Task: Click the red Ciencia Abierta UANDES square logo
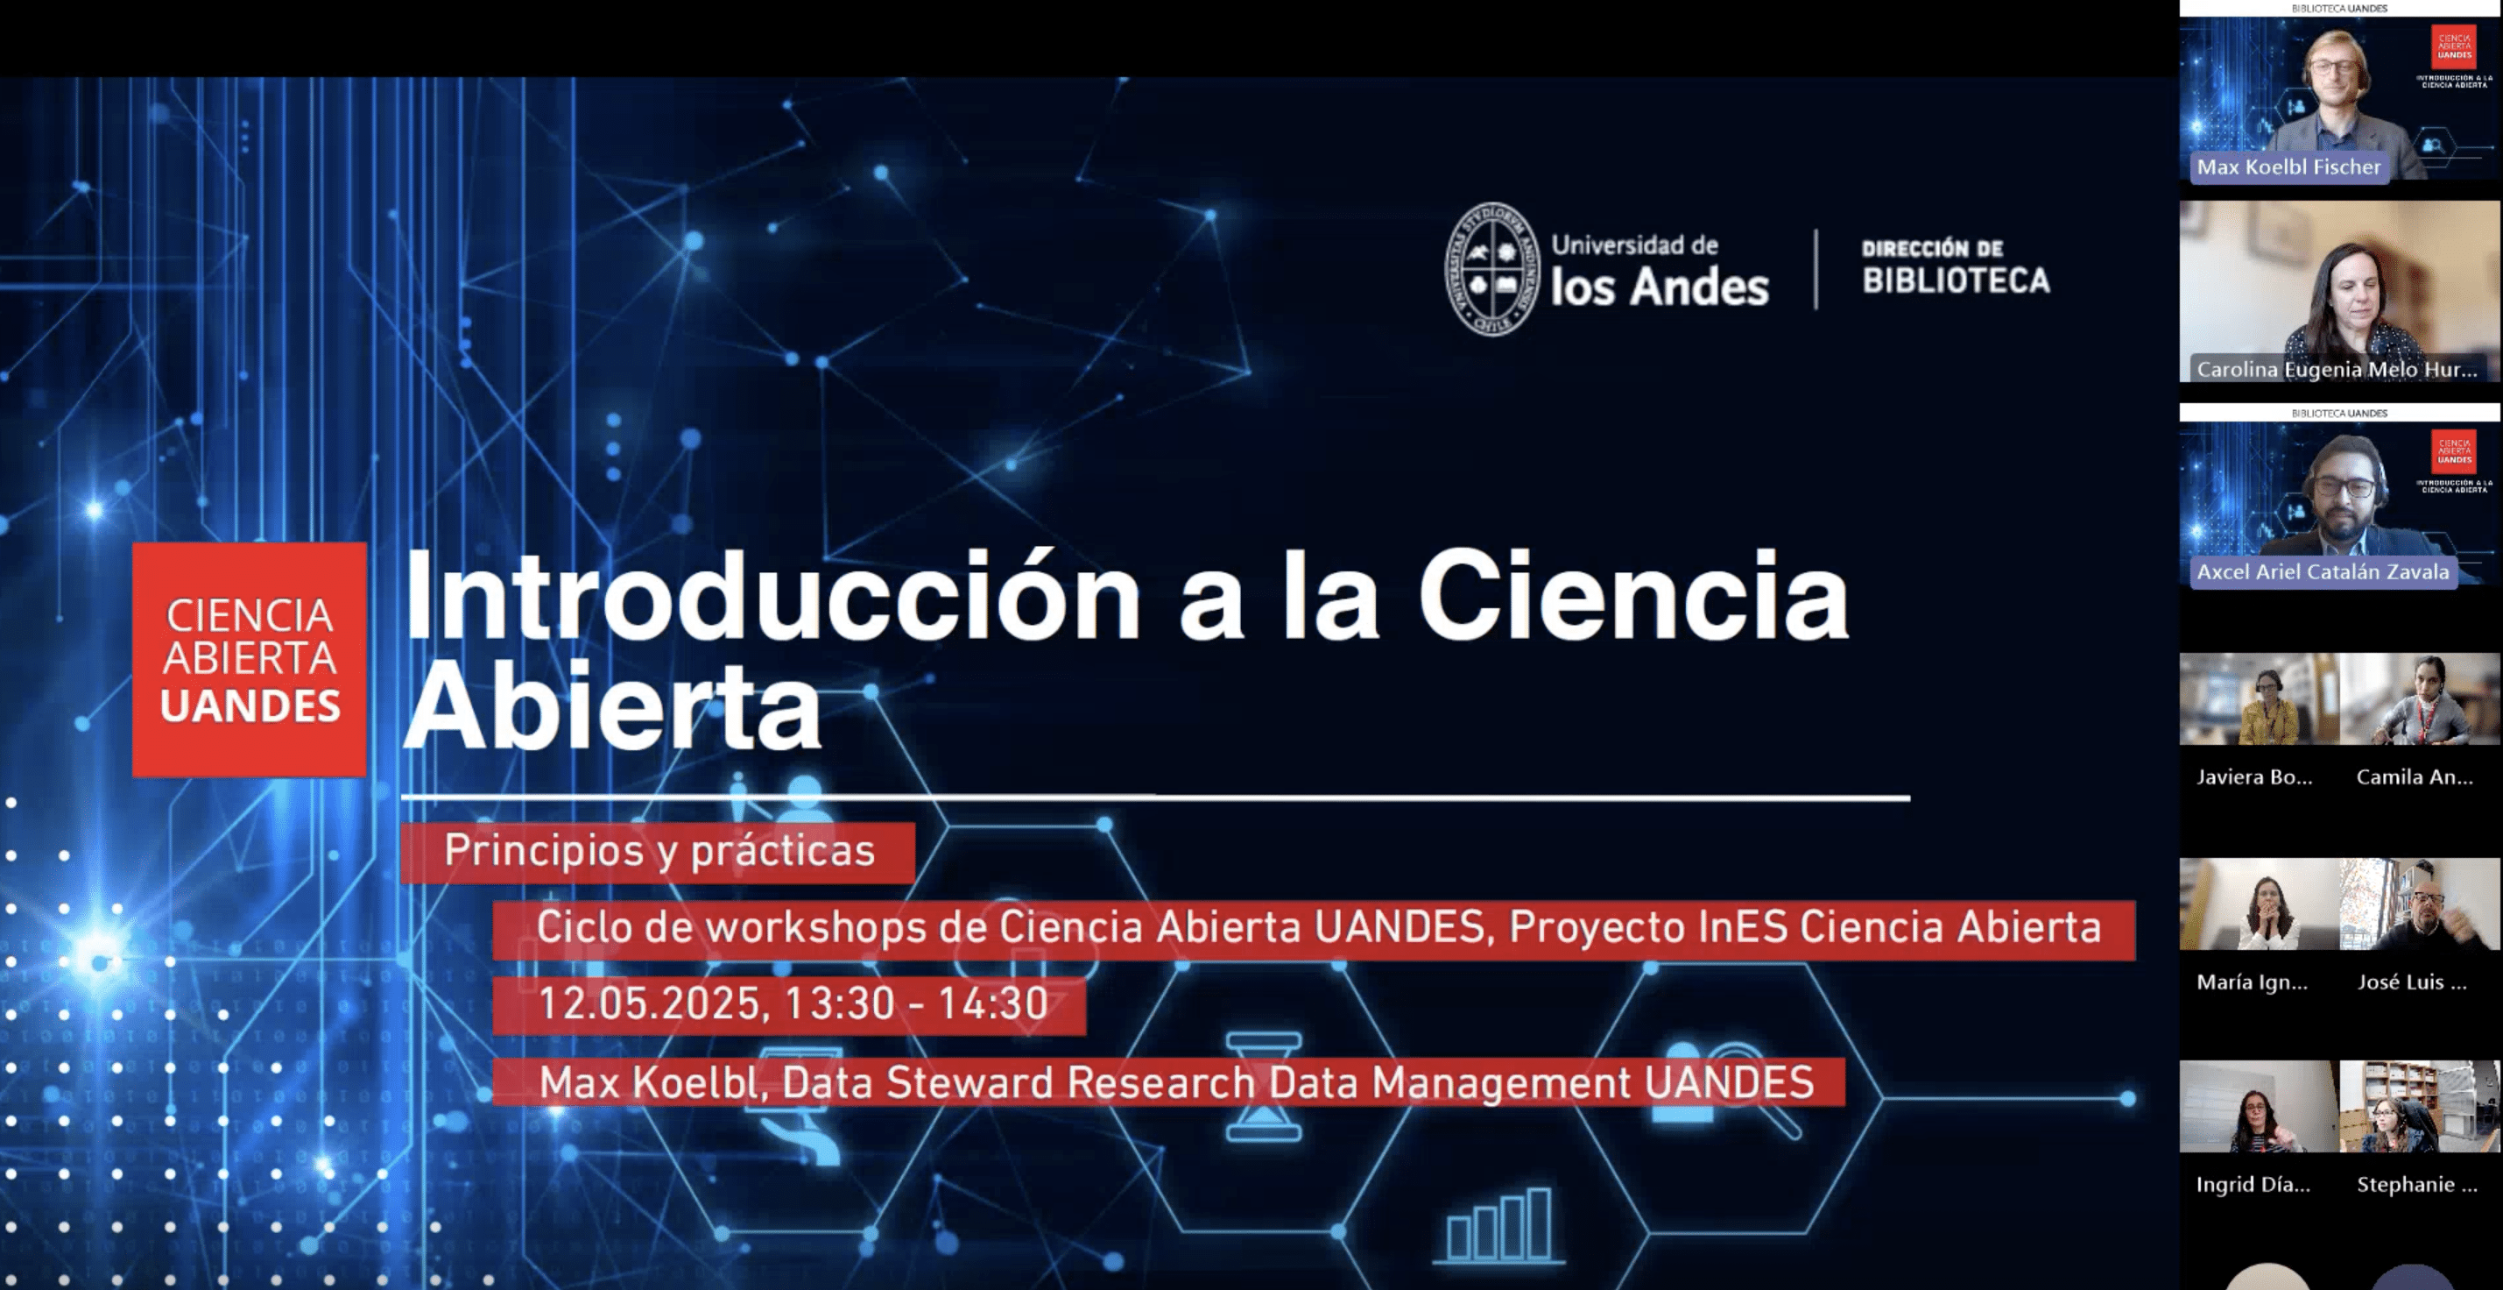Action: pyautogui.click(x=250, y=660)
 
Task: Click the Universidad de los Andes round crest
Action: pyautogui.click(x=1492, y=269)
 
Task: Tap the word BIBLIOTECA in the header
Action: pyautogui.click(x=1956, y=281)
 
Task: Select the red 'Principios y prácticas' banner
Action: pyautogui.click(x=658, y=853)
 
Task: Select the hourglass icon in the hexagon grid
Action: pyautogui.click(x=1262, y=1087)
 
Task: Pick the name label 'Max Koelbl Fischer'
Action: pyautogui.click(x=2288, y=167)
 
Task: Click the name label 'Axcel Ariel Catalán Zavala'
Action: pyautogui.click(x=2323, y=571)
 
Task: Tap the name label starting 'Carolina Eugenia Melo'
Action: pyautogui.click(x=2336, y=370)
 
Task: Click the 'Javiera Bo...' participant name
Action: pyautogui.click(x=2254, y=776)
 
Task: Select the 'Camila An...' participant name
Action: pyautogui.click(x=2415, y=776)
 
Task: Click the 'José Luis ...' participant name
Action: pyautogui.click(x=2412, y=982)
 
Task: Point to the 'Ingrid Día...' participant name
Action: pyautogui.click(x=2253, y=1184)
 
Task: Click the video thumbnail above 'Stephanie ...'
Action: pyautogui.click(x=2420, y=1106)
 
